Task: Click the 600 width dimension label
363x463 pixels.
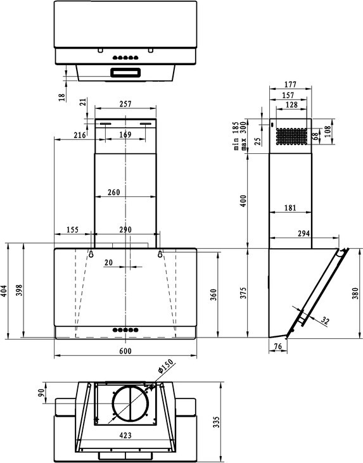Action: click(125, 352)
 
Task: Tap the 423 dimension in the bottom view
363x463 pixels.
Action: click(124, 436)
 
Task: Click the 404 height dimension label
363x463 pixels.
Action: click(4, 291)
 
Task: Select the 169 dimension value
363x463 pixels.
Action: click(125, 134)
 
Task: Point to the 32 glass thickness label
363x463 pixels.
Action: click(325, 321)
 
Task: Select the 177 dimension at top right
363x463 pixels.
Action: click(291, 84)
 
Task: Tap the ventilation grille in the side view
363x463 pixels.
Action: click(293, 136)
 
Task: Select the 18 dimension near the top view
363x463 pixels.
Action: click(61, 96)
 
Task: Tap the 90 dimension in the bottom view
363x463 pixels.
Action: click(42, 393)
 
